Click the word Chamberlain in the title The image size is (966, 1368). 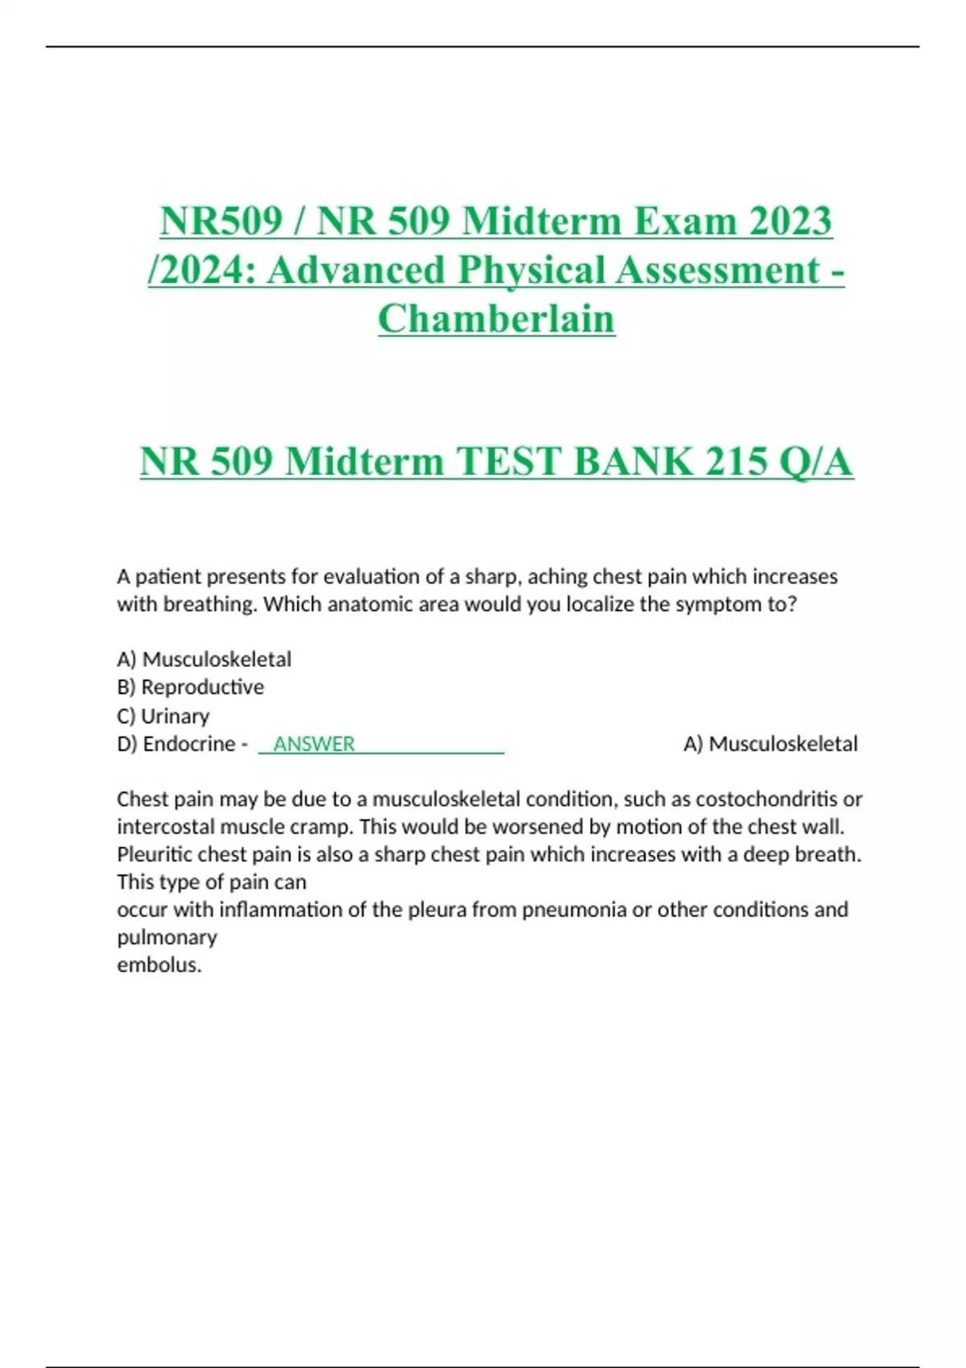tap(496, 318)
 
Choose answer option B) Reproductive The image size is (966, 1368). tap(191, 687)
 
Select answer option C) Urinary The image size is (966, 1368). tap(163, 715)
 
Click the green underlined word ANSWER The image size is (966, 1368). tap(314, 744)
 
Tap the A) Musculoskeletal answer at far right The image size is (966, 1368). tap(770, 744)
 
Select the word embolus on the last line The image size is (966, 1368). tap(158, 965)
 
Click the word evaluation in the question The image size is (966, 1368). tap(371, 577)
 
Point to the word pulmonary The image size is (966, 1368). tap(167, 937)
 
